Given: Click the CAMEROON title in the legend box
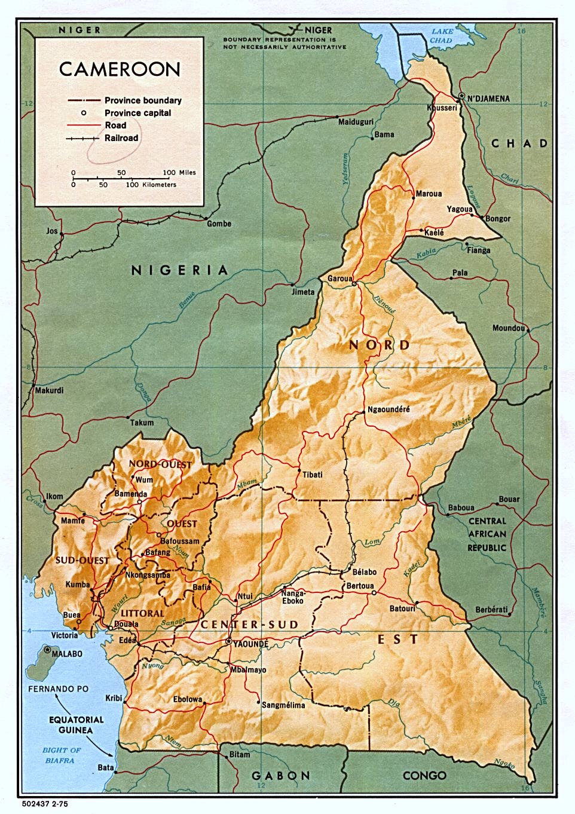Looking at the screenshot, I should coord(120,69).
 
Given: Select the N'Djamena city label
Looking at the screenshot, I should coord(488,99).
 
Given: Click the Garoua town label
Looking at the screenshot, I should coord(340,279).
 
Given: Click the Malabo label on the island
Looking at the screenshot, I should coord(67,654).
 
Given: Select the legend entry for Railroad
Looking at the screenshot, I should coord(121,138).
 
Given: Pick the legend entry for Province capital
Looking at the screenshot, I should coord(137,113).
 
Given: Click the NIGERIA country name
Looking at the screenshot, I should coord(180,270).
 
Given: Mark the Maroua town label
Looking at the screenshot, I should coord(429,194).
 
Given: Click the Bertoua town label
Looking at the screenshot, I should coord(360,586).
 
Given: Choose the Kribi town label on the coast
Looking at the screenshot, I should coord(113,697).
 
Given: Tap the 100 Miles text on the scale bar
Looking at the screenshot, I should coord(179,173).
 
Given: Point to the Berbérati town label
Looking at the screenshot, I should coord(491,610).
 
